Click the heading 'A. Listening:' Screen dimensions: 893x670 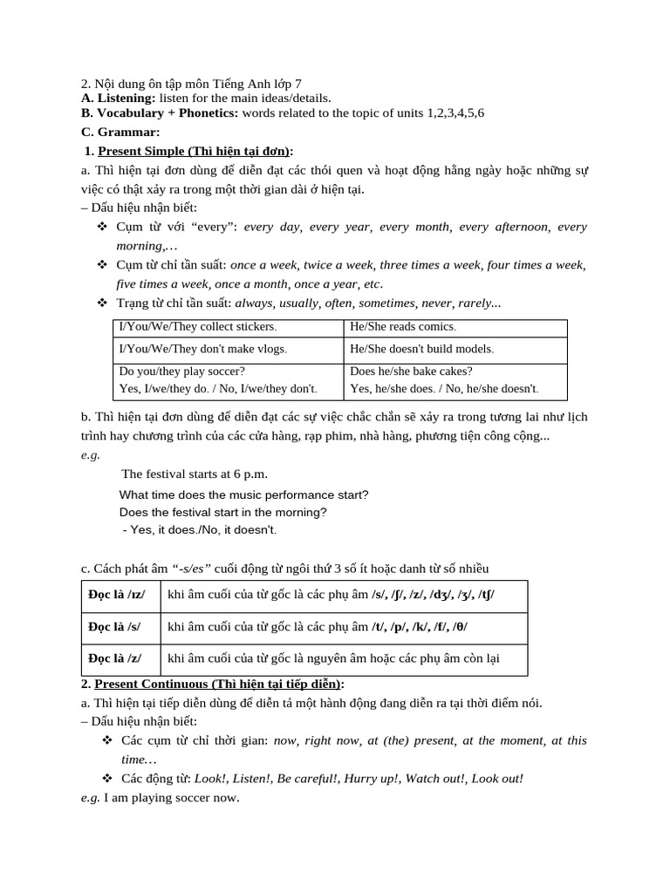(118, 99)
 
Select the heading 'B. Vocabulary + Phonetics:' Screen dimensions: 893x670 (159, 113)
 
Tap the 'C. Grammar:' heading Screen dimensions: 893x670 (120, 133)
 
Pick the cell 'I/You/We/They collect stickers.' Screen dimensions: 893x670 (197, 326)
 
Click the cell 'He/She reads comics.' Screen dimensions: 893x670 (403, 326)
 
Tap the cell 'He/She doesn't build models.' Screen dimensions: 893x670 (421, 348)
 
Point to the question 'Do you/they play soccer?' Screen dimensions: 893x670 (181, 371)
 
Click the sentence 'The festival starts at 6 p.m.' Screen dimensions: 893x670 (195, 474)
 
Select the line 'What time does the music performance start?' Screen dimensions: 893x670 (244, 494)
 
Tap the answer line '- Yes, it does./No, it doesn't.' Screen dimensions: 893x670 (199, 529)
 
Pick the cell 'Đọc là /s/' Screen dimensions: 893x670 (114, 626)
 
